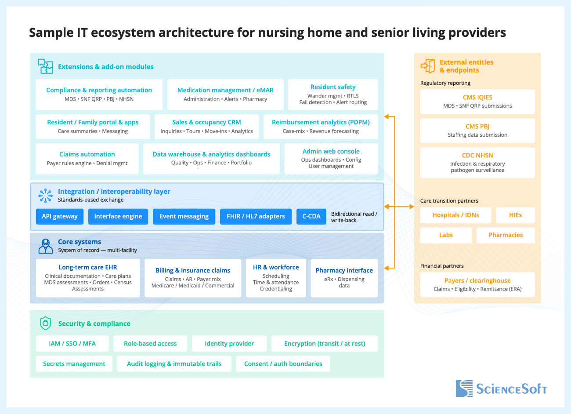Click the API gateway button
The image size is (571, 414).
pyautogui.click(x=59, y=216)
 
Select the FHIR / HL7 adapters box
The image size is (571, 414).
pyautogui.click(x=256, y=216)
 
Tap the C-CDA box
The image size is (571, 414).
pyautogui.click(x=311, y=216)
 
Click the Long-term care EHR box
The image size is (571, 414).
pyautogui.click(x=88, y=278)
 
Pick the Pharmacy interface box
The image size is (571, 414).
pyautogui.click(x=344, y=278)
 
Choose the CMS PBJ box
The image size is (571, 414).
pyautogui.click(x=477, y=131)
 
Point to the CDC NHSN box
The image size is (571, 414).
pyautogui.click(x=477, y=163)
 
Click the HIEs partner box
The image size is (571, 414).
pyautogui.click(x=515, y=215)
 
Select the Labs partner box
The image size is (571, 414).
pyautogui.click(x=446, y=235)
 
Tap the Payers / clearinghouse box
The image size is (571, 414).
pyautogui.click(x=477, y=284)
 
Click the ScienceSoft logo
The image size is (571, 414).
pyautogui.click(x=501, y=389)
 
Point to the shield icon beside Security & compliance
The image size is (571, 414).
pyautogui.click(x=45, y=323)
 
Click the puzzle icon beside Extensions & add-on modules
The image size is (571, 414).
pyautogui.click(x=45, y=66)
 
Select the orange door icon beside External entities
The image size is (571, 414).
pyautogui.click(x=428, y=66)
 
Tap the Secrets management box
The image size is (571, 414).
pyautogui.click(x=74, y=364)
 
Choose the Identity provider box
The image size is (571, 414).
pyautogui.click(x=229, y=344)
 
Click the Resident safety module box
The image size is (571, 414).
pyautogui.click(x=333, y=94)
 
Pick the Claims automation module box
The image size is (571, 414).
pyautogui.click(x=87, y=158)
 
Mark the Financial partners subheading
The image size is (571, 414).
pyautogui.click(x=442, y=266)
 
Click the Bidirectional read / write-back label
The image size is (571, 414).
pyautogui.click(x=354, y=217)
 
